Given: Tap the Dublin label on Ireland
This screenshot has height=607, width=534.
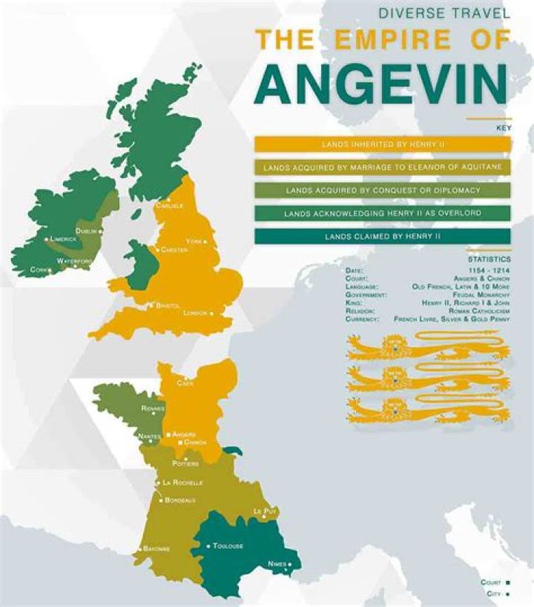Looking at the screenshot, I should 87,231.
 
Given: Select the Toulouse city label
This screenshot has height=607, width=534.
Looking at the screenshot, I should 228,546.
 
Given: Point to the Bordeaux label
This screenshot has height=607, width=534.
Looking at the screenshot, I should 180,500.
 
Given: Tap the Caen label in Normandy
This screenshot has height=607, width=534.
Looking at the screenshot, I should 185,384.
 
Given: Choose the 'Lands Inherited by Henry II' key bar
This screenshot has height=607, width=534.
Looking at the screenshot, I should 383,144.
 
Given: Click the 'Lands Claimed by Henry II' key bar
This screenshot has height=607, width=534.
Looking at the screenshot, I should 383,236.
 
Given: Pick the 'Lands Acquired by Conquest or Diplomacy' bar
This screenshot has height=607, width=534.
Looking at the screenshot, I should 383,190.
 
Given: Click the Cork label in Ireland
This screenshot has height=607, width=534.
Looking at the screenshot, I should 39,271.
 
